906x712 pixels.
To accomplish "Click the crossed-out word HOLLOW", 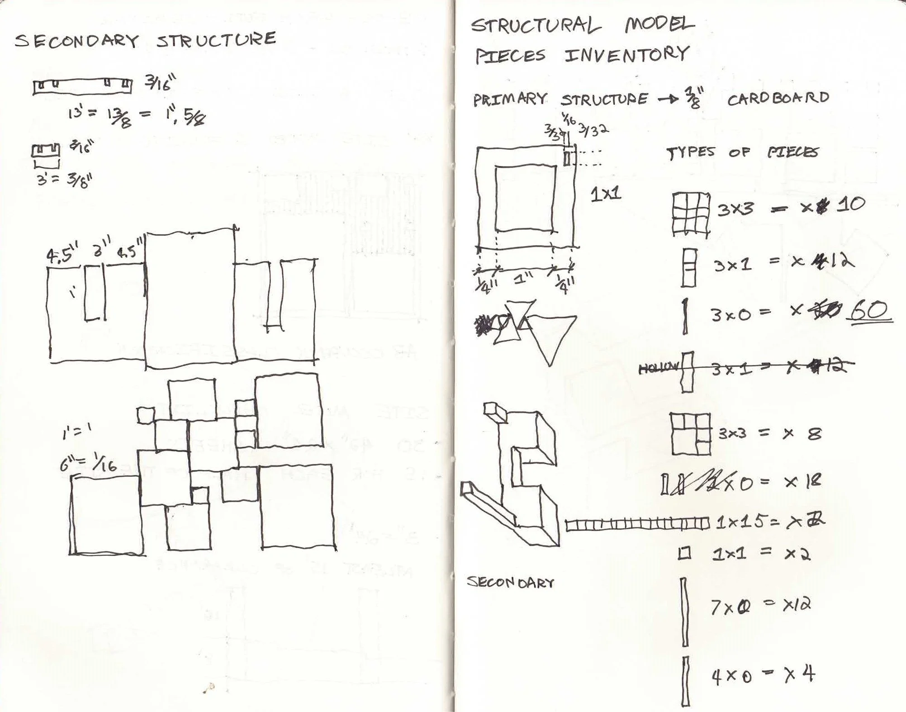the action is pos(658,369).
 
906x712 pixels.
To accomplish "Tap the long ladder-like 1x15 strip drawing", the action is pos(637,525).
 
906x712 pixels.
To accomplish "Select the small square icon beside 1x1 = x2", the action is pos(684,553).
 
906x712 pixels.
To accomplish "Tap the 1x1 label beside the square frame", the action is pos(606,195).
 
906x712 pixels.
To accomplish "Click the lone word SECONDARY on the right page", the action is pos(510,582).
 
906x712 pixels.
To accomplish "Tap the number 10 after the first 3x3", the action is pos(851,204).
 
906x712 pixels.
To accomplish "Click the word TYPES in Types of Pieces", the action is pos(691,153).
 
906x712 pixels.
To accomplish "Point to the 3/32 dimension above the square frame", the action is pos(593,131).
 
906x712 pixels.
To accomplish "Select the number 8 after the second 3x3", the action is pos(814,434).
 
